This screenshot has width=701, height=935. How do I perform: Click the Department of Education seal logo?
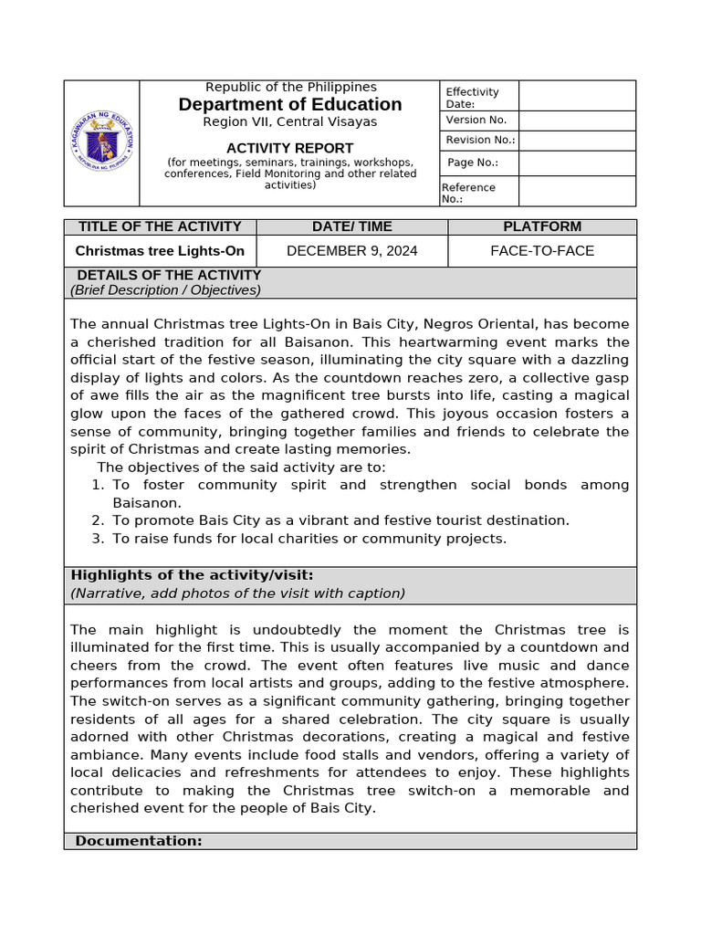click(101, 142)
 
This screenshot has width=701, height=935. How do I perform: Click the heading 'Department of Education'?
click(290, 104)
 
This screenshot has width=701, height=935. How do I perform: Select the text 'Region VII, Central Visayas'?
click(289, 122)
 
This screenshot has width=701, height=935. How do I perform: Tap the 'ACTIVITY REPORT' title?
click(289, 148)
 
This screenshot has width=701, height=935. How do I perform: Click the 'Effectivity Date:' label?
click(472, 98)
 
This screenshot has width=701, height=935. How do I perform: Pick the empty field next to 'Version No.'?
click(577, 121)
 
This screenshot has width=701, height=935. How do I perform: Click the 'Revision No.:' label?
click(480, 140)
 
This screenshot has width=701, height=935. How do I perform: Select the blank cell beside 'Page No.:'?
click(577, 163)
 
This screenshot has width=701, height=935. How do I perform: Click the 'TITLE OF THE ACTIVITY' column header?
click(160, 226)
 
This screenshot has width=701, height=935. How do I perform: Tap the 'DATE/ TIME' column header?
click(351, 226)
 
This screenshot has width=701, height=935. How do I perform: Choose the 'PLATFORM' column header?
click(541, 226)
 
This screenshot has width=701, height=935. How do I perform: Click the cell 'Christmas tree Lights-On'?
click(160, 251)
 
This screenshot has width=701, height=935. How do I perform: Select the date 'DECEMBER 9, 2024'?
click(351, 251)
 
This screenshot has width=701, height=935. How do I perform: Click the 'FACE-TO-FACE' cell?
click(541, 251)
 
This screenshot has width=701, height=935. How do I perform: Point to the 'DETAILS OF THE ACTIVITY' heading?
click(169, 275)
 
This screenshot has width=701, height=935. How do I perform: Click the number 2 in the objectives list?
click(98, 520)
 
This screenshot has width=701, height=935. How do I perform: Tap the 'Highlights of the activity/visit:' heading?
click(192, 575)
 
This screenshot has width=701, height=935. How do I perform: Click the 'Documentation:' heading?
click(138, 841)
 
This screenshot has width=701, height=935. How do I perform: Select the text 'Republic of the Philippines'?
click(290, 87)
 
